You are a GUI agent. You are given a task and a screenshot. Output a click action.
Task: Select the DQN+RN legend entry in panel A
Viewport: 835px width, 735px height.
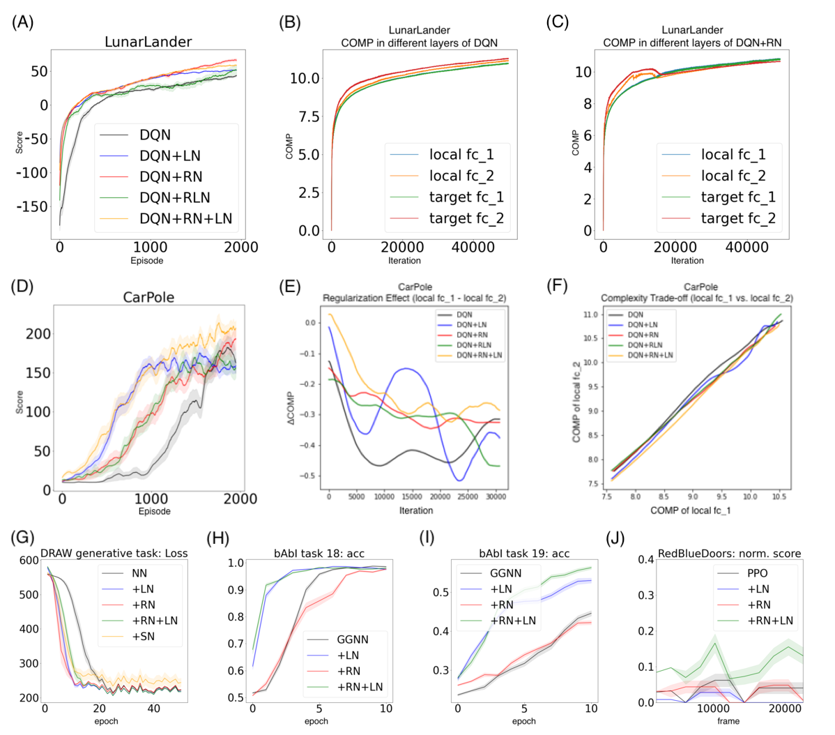171,176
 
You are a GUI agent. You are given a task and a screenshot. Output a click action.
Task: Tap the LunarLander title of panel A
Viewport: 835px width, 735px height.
148,42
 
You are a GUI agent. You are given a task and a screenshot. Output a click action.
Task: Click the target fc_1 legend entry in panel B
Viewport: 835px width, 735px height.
466,197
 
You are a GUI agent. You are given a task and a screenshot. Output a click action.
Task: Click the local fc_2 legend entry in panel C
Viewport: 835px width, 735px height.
733,176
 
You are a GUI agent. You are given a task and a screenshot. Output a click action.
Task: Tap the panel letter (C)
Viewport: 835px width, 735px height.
558,22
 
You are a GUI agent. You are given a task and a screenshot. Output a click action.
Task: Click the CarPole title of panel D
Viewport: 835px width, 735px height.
148,298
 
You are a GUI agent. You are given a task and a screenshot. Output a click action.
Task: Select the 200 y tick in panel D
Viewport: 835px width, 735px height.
38,334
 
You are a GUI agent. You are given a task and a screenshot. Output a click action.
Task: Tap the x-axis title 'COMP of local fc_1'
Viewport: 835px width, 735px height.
690,511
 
